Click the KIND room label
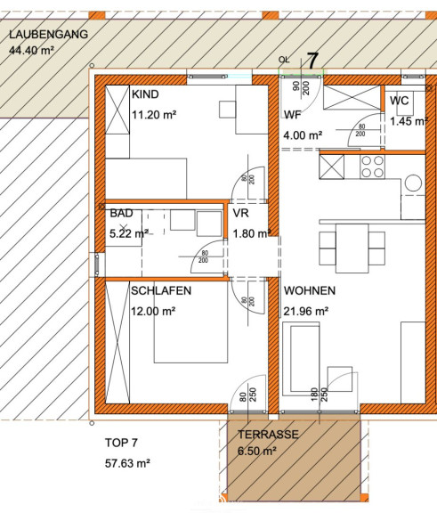click(x=145, y=94)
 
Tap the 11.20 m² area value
click(x=154, y=115)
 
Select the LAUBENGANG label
click(x=48, y=35)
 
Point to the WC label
click(x=399, y=101)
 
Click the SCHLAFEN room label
click(x=161, y=290)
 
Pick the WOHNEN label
click(x=310, y=290)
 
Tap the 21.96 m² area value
click(x=306, y=311)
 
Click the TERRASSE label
click(x=268, y=435)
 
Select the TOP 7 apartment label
click(x=121, y=443)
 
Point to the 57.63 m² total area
click(x=127, y=463)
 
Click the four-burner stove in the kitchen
click(x=372, y=167)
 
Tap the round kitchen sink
click(x=414, y=183)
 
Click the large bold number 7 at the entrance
click(x=312, y=61)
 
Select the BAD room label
click(x=121, y=213)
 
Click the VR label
click(x=241, y=213)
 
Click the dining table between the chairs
click(x=352, y=248)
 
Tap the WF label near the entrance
click(x=293, y=115)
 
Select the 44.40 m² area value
click(x=31, y=51)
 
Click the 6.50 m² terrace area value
click(x=257, y=452)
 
